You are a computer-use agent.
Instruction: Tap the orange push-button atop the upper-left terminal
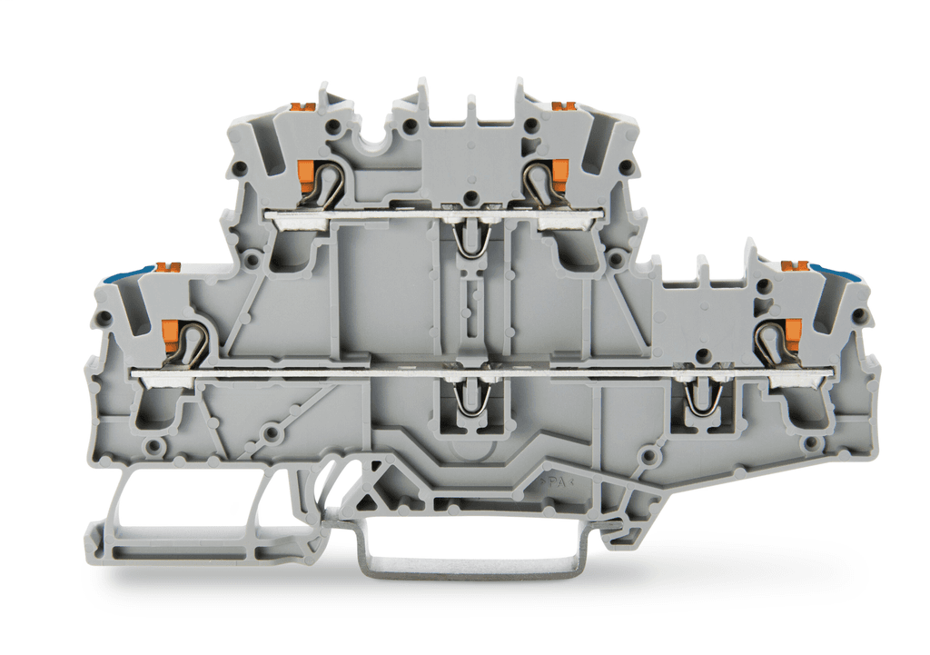click(302, 107)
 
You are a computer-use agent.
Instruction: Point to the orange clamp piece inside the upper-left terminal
click(306, 169)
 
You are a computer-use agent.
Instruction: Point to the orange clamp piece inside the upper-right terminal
click(559, 169)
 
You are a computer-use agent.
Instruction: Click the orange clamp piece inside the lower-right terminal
click(792, 331)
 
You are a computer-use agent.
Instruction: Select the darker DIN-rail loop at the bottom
click(469, 568)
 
